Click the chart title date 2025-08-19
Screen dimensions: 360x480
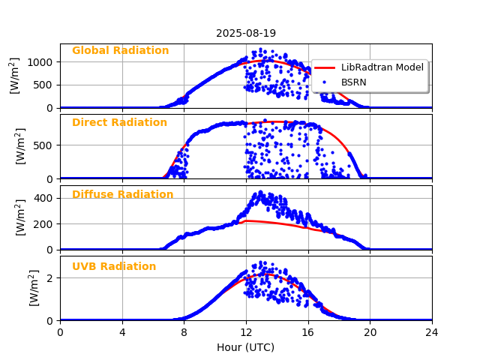[246, 33]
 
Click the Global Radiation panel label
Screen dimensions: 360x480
[120, 51]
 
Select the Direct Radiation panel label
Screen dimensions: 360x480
[119, 123]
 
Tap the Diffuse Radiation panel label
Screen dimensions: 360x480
[122, 195]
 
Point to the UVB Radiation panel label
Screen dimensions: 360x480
[114, 267]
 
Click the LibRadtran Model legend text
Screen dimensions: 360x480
[382, 67]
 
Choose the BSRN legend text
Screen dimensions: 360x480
[354, 82]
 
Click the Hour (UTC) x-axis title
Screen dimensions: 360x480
[246, 347]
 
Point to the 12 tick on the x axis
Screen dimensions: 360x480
[246, 332]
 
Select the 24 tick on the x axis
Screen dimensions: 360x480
[432, 332]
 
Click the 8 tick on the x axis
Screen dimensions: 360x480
[184, 332]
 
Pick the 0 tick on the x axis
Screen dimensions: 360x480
[60, 332]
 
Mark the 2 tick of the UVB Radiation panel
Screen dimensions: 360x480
[51, 278]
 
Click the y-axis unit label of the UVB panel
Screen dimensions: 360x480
[34, 288]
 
